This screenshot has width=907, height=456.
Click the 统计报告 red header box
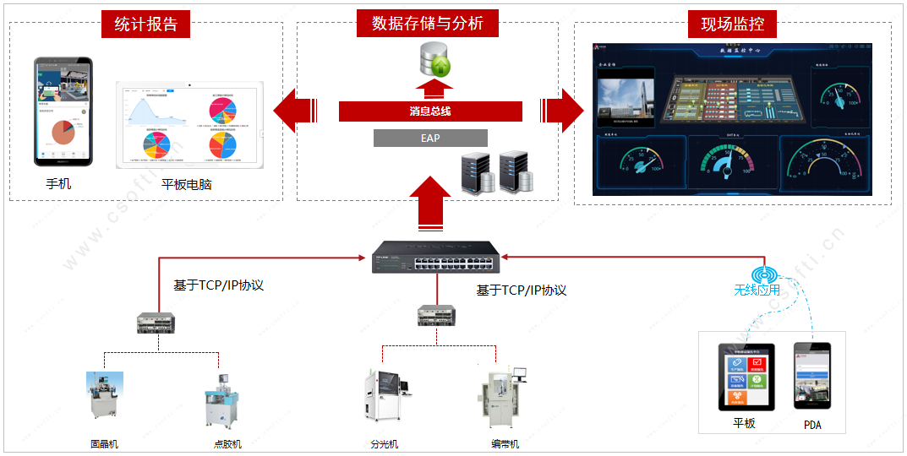click(x=145, y=24)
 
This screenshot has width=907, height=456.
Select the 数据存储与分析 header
click(x=427, y=24)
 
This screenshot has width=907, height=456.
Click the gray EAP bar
click(x=430, y=138)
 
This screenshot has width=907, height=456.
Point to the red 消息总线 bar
click(x=430, y=111)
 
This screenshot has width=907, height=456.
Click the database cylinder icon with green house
click(x=436, y=58)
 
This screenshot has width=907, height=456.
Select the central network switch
click(x=436, y=258)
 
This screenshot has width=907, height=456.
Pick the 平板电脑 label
click(x=186, y=182)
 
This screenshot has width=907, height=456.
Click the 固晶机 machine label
click(x=105, y=444)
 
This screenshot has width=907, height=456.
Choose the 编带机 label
click(x=505, y=444)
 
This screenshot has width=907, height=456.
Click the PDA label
click(x=812, y=425)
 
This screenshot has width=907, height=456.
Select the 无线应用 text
click(x=757, y=290)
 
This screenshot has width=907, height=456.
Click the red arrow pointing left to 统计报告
click(x=294, y=111)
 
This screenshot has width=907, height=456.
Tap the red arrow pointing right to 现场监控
click(x=561, y=111)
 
